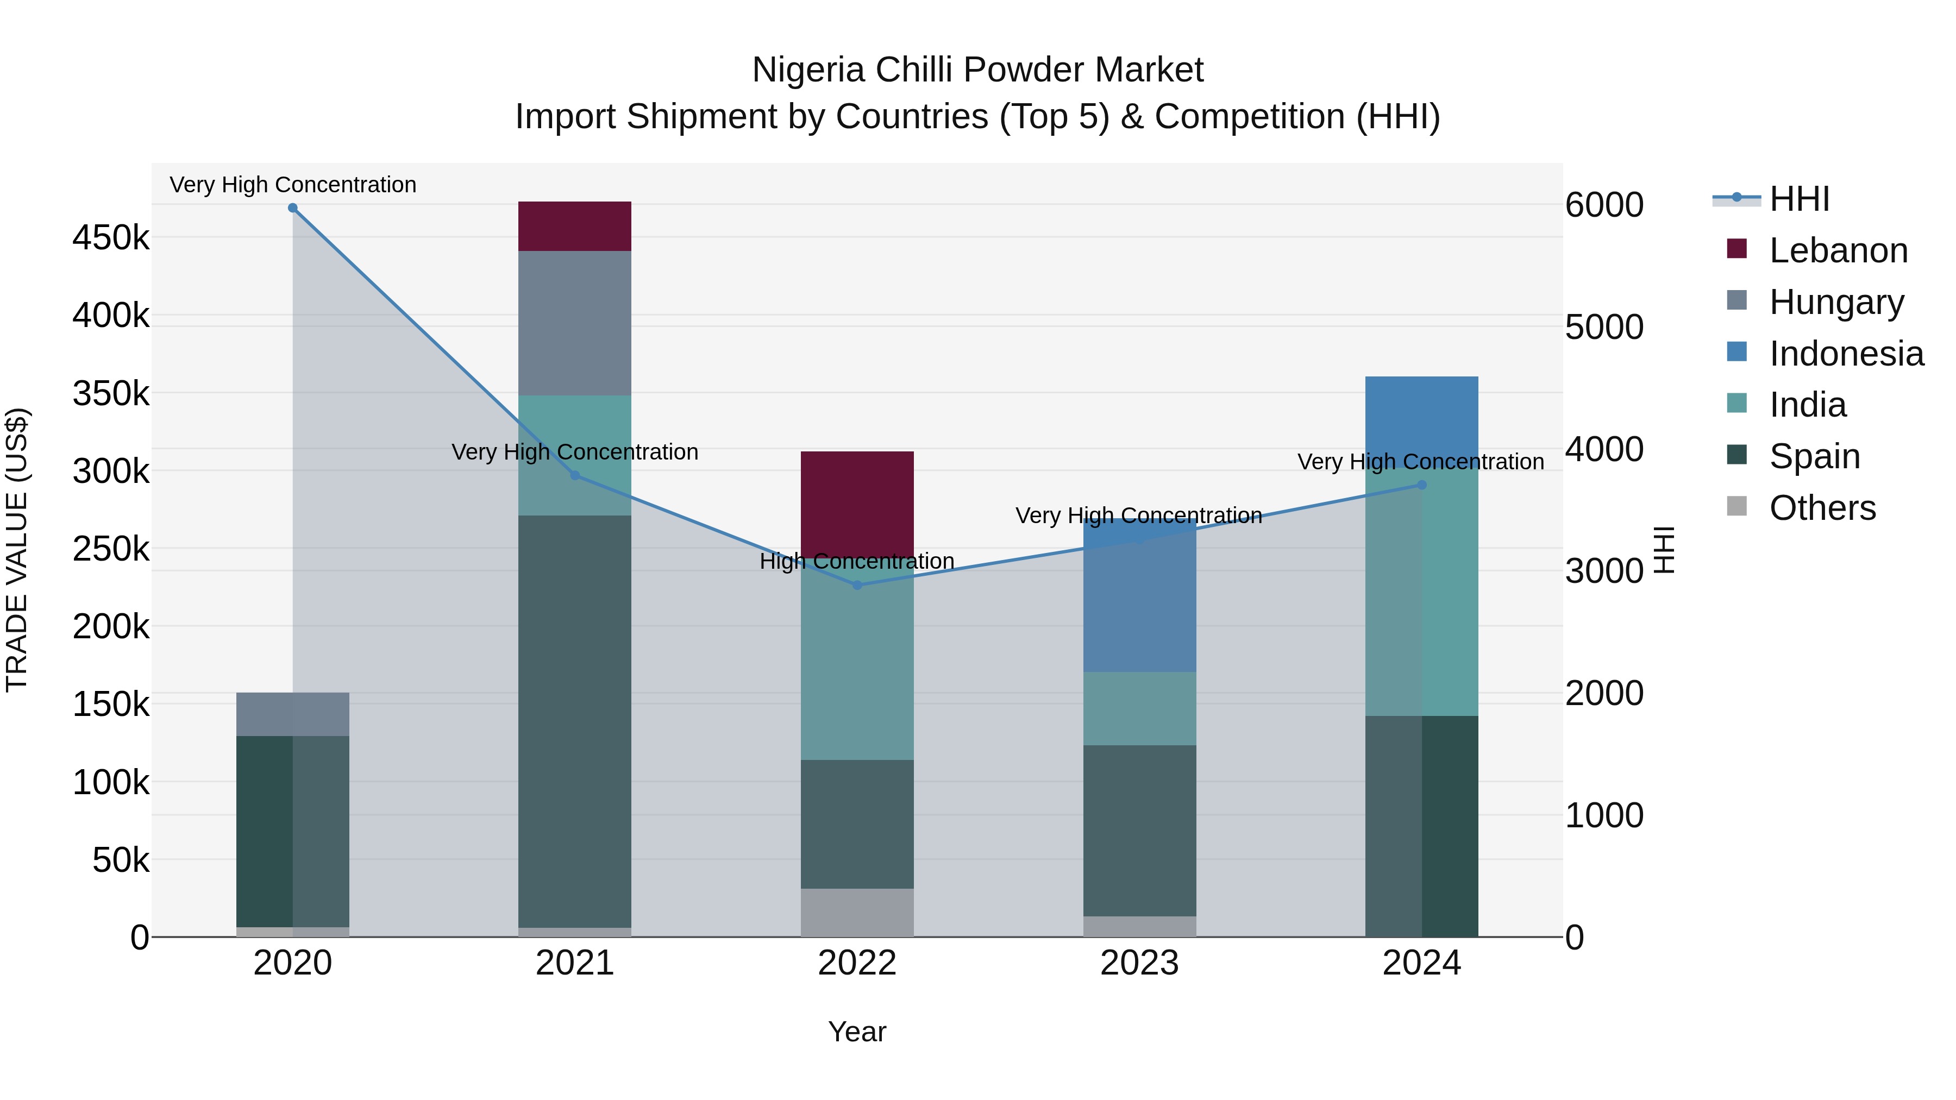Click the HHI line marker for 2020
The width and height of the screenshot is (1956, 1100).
click(x=292, y=208)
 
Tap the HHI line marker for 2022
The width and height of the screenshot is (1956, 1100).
click(x=857, y=585)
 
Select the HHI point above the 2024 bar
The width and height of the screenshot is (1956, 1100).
click(x=1421, y=485)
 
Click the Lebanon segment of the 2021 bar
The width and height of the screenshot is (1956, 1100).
click(x=575, y=226)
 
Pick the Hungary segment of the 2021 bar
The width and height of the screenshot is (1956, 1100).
click(x=575, y=323)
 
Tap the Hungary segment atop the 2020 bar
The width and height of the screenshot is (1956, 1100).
click(x=292, y=714)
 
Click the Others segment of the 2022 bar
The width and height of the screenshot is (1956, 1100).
click(x=857, y=913)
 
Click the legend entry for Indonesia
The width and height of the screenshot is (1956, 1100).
click(x=1845, y=354)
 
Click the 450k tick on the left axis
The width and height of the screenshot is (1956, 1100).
click(x=111, y=237)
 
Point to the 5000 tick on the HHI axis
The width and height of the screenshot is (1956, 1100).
click(x=1604, y=327)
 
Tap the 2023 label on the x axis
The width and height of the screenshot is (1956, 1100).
click(x=1139, y=963)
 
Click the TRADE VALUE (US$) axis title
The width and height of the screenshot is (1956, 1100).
click(x=17, y=550)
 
